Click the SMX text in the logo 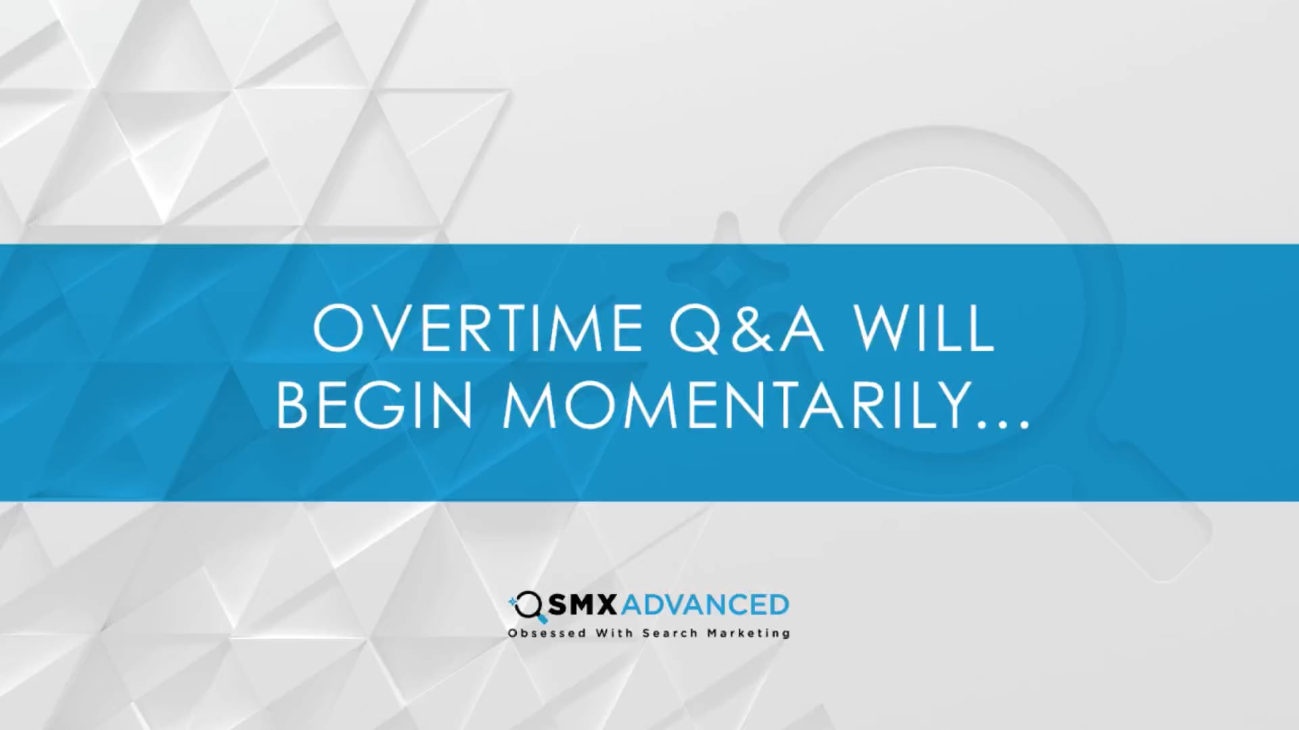click(x=582, y=605)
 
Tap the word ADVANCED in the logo click(x=704, y=605)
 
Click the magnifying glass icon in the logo click(x=528, y=607)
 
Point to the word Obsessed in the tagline click(x=547, y=633)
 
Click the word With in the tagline click(x=614, y=633)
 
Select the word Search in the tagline click(x=670, y=633)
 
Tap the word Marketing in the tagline click(x=748, y=634)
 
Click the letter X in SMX click(x=606, y=605)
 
